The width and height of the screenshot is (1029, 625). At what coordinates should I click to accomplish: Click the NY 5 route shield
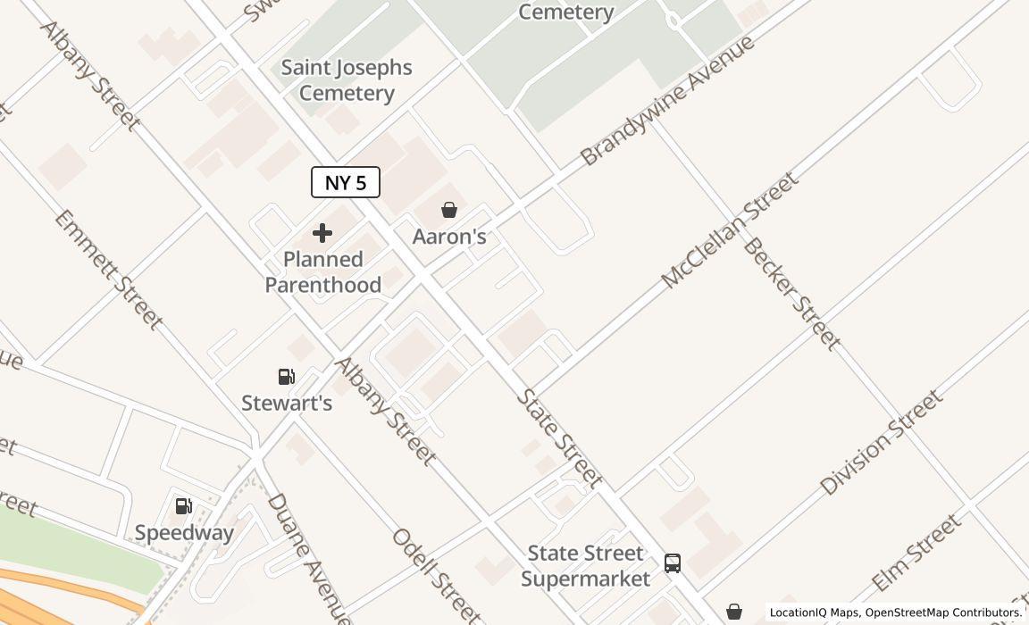(x=346, y=182)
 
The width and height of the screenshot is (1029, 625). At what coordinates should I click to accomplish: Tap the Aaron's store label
(x=449, y=237)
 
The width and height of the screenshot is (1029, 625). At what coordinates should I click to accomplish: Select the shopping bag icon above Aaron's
(x=449, y=210)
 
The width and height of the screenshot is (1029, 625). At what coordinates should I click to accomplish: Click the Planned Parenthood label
(x=323, y=271)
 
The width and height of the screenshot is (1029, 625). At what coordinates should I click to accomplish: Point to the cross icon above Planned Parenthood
(x=322, y=233)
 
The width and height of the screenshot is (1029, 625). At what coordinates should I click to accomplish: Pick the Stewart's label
(x=287, y=403)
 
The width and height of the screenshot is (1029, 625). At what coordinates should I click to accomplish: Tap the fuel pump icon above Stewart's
(x=287, y=377)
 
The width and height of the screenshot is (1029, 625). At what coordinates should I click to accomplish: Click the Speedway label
(x=184, y=533)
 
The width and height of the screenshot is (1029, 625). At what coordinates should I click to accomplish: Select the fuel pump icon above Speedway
(x=183, y=506)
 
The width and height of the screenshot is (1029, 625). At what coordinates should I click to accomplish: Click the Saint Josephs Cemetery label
(x=347, y=80)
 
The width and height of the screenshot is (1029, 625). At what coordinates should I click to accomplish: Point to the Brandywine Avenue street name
(x=667, y=101)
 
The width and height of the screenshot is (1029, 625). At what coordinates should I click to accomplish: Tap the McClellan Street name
(x=729, y=231)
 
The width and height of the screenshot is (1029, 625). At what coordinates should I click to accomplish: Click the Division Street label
(x=881, y=443)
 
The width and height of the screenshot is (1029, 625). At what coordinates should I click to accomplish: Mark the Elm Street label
(x=916, y=552)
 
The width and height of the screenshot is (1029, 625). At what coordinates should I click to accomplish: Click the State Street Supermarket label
(x=586, y=566)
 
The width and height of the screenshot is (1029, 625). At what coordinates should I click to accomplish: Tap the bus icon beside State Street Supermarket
(x=673, y=563)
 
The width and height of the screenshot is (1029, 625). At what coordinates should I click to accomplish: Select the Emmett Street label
(x=109, y=270)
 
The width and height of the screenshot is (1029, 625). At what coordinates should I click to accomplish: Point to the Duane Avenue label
(x=308, y=558)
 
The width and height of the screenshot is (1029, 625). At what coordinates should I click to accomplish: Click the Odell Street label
(x=436, y=575)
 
